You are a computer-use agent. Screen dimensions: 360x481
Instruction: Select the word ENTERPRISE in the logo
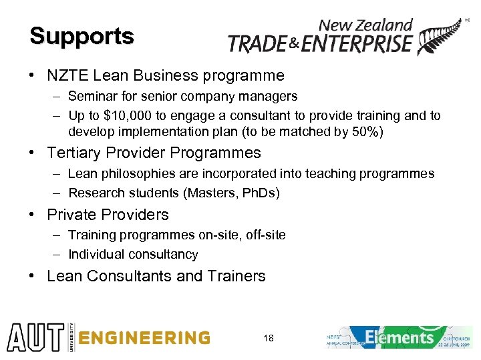357,44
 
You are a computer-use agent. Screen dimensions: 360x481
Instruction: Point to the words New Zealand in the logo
365,25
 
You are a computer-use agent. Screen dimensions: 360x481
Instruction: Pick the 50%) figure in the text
367,131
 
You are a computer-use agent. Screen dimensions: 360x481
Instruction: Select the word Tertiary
74,153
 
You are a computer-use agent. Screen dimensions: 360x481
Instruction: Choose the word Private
71,215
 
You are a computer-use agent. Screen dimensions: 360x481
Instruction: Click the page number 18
268,338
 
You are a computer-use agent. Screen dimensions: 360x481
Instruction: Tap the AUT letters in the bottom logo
33,337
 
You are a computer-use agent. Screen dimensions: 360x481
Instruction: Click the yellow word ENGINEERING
144,337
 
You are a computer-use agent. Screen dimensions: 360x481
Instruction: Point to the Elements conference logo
399,337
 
